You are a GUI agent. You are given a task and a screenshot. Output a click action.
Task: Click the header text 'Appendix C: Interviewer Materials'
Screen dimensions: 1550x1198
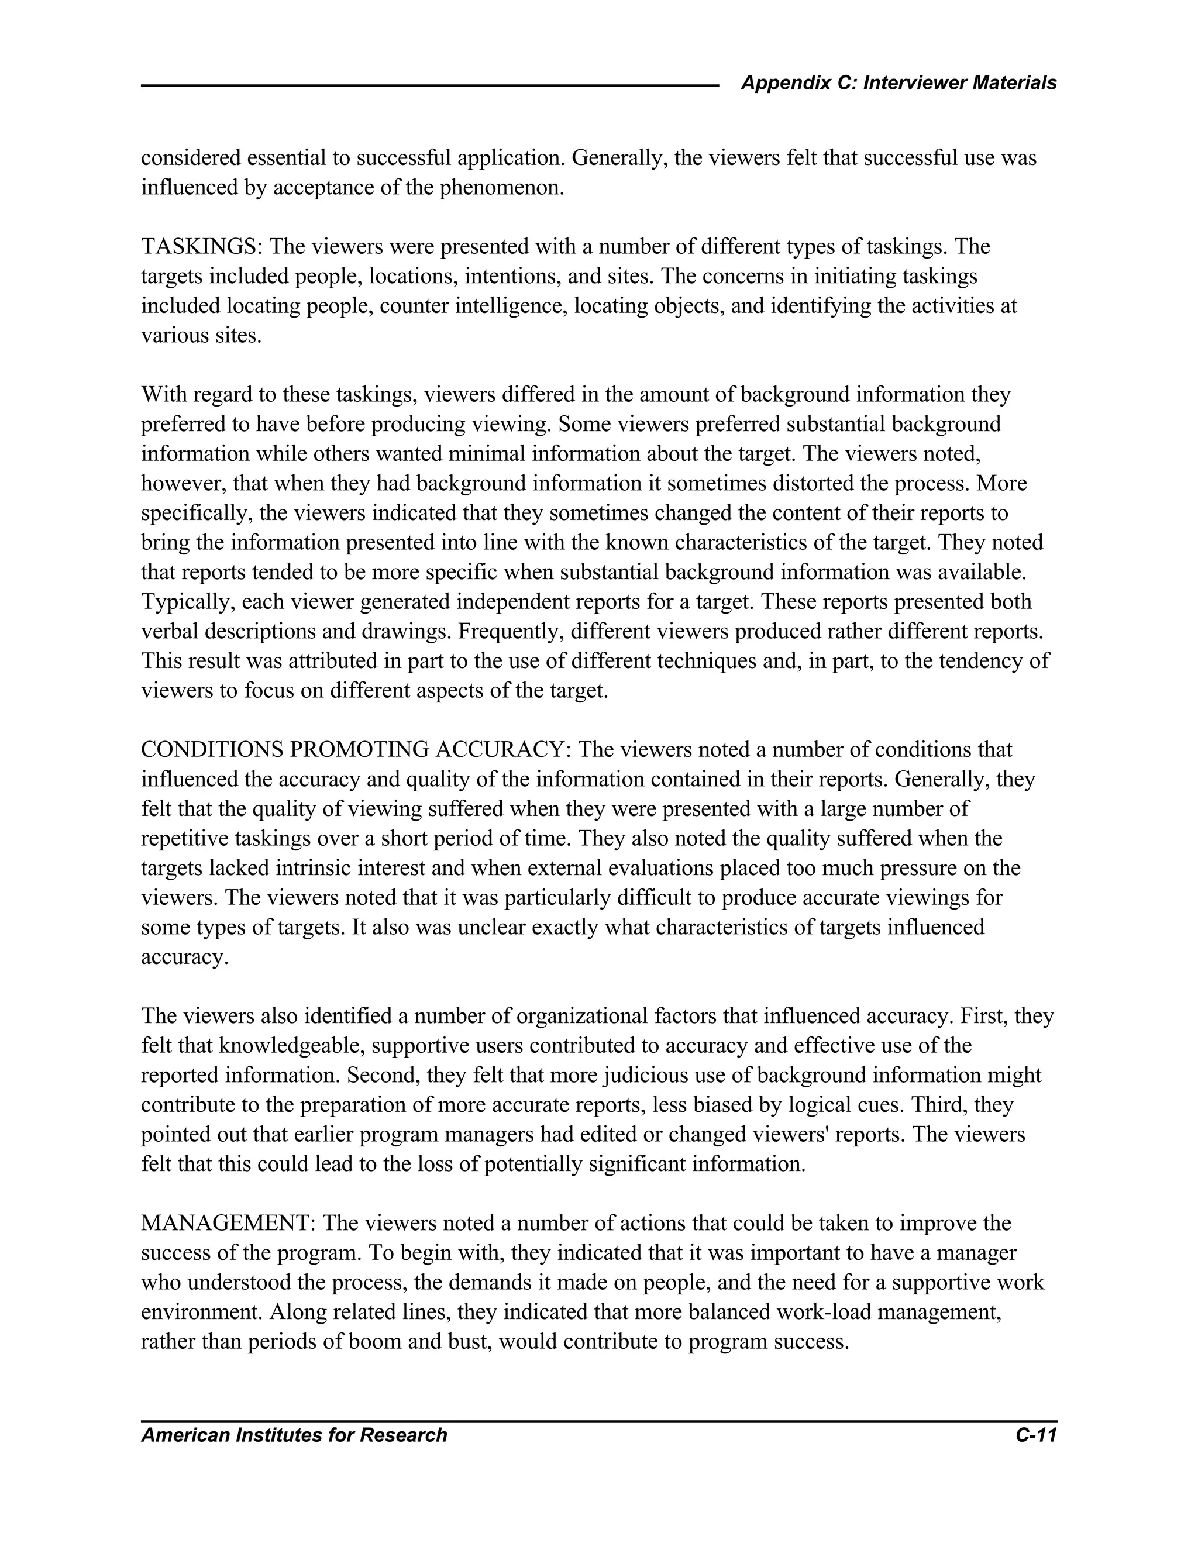pyautogui.click(x=898, y=83)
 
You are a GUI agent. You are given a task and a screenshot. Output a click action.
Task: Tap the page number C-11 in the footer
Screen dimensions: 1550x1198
pyautogui.click(x=1035, y=1435)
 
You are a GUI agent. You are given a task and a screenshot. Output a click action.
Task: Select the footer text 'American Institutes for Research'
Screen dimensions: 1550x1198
pyautogui.click(x=294, y=1435)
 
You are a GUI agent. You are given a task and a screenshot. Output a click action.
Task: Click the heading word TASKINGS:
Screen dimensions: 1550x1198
pyautogui.click(x=202, y=247)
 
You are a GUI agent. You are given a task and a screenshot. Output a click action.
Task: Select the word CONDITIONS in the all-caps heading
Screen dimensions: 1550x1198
pyautogui.click(x=212, y=749)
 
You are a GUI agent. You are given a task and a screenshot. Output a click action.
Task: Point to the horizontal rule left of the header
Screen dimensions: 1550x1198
pyautogui.click(x=429, y=86)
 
